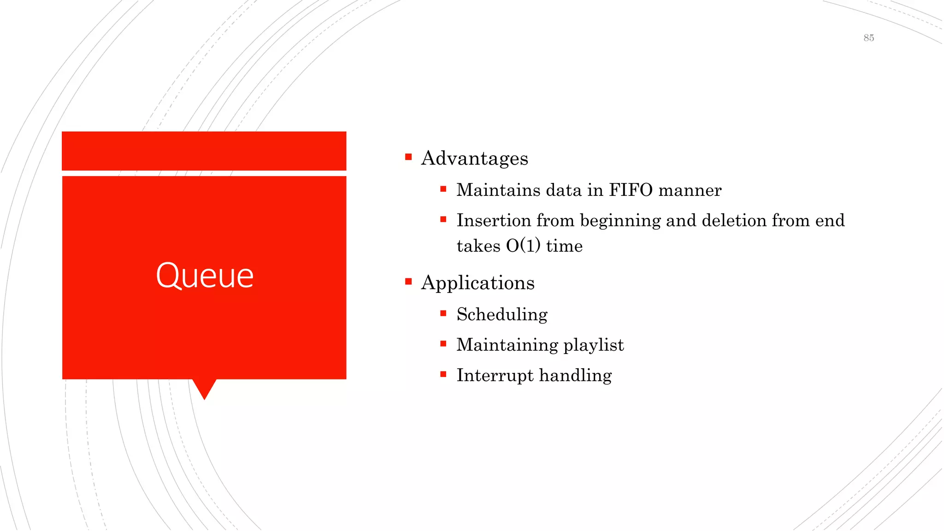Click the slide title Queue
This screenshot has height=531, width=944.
click(x=205, y=276)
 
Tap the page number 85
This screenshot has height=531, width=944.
click(x=868, y=38)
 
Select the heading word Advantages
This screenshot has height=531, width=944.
click(x=474, y=159)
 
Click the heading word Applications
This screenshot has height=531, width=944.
click(x=478, y=283)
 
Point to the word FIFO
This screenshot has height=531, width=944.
click(x=631, y=190)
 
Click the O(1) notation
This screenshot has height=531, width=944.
click(x=523, y=246)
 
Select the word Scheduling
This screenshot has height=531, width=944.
click(x=502, y=315)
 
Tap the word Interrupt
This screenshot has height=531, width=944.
click(x=495, y=376)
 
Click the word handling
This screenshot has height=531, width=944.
click(x=576, y=376)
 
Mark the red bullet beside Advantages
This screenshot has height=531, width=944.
click(x=408, y=157)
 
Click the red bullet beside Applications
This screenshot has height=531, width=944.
click(x=408, y=282)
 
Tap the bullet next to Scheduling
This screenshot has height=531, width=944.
click(x=443, y=313)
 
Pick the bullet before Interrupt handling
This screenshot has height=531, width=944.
click(x=443, y=374)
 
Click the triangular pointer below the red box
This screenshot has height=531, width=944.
click(x=204, y=388)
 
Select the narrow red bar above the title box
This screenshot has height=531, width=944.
click(x=204, y=151)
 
